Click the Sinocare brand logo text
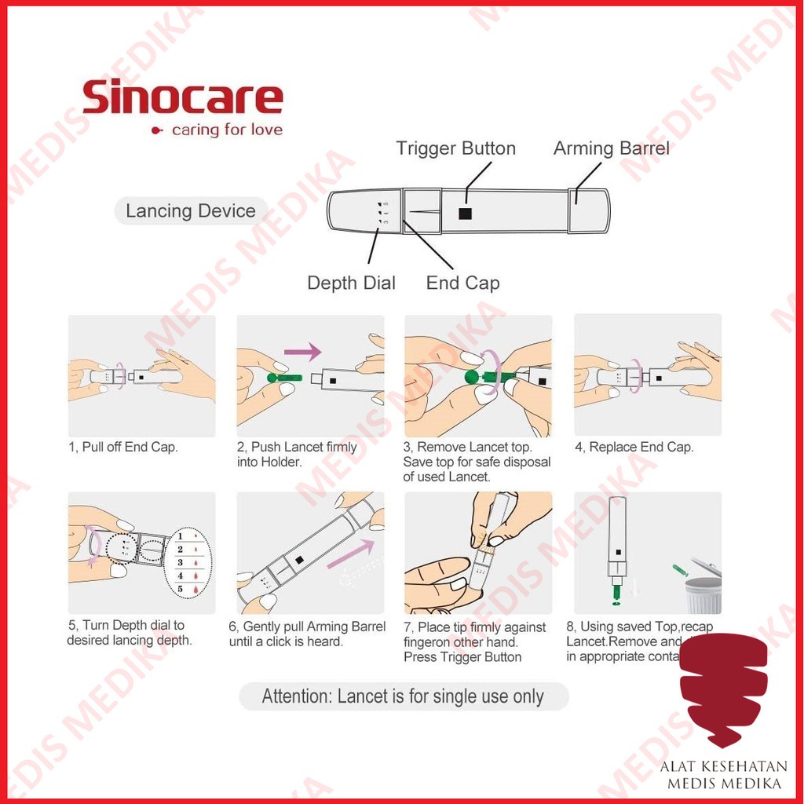(x=182, y=99)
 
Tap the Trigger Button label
(x=455, y=148)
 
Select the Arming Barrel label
(x=612, y=148)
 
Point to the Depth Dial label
(x=351, y=283)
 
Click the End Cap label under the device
(x=462, y=283)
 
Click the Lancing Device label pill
(x=191, y=211)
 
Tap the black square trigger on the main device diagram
(x=466, y=213)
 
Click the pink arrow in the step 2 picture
(x=303, y=350)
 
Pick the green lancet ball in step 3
(x=471, y=378)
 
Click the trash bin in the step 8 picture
(x=703, y=595)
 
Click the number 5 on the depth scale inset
(x=180, y=589)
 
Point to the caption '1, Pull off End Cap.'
(x=122, y=448)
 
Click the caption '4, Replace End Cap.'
(x=634, y=448)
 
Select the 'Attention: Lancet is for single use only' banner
(x=403, y=696)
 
